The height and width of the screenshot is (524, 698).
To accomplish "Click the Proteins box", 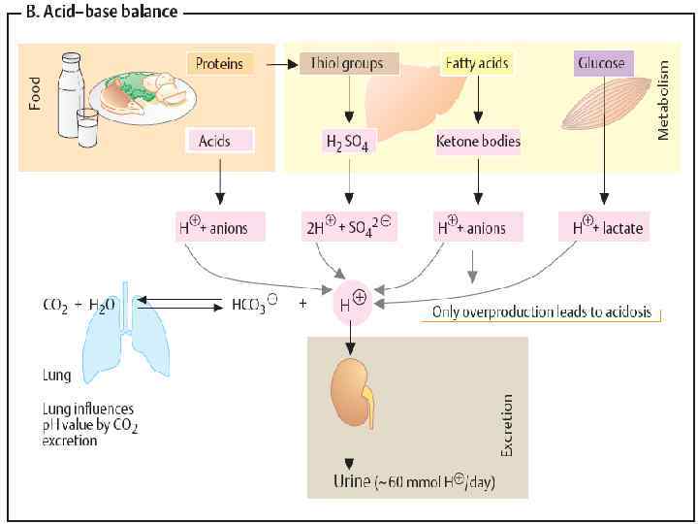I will [x=220, y=64].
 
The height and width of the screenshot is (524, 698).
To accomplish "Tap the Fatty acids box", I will [x=476, y=64].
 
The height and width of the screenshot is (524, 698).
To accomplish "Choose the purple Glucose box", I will [x=602, y=64].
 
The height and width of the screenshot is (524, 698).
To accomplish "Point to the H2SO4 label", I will [x=346, y=143].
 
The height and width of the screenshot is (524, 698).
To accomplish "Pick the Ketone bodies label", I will [x=478, y=142].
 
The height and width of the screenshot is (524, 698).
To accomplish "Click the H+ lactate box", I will [x=602, y=228].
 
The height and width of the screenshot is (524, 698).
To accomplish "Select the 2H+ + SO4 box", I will [x=347, y=228].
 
